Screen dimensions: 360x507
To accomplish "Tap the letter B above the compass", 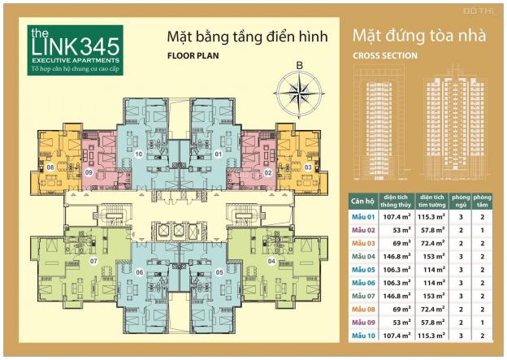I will [x=299, y=66].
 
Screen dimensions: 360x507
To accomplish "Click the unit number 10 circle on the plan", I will [x=139, y=154].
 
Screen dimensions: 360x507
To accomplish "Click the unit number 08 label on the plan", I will [x=50, y=167].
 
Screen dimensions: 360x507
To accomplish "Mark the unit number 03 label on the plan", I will [x=308, y=167].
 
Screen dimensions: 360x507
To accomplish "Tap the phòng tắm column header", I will [x=483, y=200].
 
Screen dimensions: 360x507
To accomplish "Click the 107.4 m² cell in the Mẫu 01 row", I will [x=398, y=217].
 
